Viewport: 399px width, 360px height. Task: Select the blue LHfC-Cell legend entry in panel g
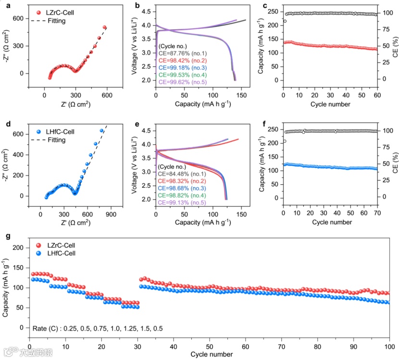(x=48, y=253)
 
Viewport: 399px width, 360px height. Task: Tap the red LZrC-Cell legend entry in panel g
(x=48, y=245)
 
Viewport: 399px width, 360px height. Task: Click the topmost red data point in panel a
(x=104, y=27)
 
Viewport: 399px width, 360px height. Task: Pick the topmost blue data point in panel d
(x=101, y=130)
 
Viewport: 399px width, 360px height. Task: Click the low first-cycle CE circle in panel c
(x=285, y=21)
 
